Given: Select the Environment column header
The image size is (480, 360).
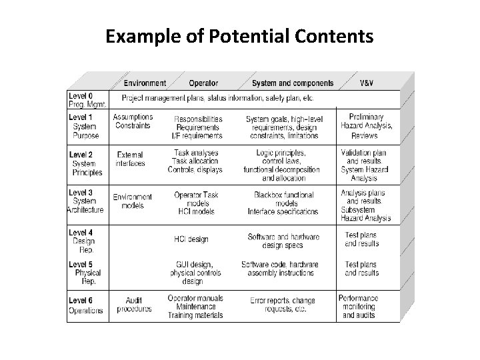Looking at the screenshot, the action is (145, 83).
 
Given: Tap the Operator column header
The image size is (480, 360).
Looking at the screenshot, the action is (203, 83).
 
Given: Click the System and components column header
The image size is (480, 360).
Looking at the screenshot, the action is (293, 83).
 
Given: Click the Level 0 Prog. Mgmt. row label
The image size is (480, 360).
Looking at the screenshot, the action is (83, 100).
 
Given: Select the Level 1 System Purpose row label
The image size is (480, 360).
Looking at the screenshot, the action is (85, 127).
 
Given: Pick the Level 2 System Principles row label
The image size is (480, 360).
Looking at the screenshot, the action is (86, 163).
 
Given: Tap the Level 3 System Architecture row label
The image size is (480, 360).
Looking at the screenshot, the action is (85, 201).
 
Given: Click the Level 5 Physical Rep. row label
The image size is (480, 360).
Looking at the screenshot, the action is (86, 273).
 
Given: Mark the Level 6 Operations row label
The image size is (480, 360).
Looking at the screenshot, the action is (85, 306).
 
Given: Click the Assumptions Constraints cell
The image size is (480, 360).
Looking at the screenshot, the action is (133, 121).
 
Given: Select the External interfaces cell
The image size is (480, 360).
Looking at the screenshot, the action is (130, 159).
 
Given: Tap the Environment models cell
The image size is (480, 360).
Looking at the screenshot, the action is (133, 201).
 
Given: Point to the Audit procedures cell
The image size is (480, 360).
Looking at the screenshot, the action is (134, 305).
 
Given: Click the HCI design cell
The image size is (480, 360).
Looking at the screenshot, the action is (191, 239).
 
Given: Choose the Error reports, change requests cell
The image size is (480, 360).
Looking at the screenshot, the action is (283, 305).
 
